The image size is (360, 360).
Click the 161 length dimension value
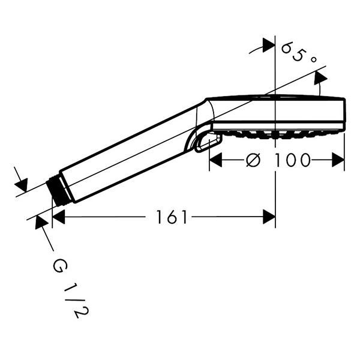[172, 217]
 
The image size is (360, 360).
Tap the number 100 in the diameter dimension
[293, 160]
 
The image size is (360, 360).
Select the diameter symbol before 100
[253, 160]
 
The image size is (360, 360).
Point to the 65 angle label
[293, 52]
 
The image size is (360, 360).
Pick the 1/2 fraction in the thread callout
[73, 300]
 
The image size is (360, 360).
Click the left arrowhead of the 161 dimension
[59, 217]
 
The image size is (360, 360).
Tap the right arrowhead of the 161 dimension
[269, 217]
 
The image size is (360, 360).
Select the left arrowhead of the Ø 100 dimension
[216, 160]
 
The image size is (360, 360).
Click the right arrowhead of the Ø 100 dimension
[338, 160]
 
